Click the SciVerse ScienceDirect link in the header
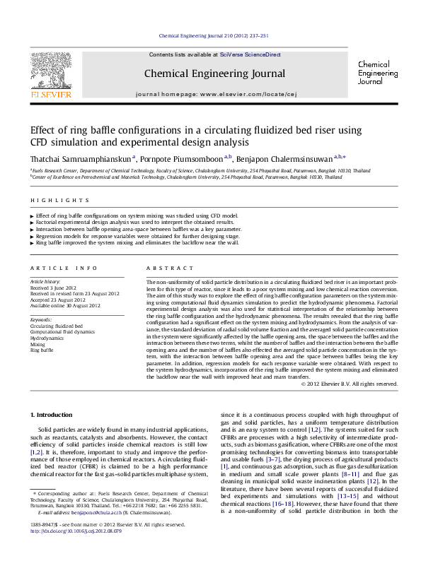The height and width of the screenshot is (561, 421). (250, 54)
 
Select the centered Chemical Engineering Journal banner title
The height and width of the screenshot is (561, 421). (214, 73)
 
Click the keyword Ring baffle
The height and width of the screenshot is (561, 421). (42, 350)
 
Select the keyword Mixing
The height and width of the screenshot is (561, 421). (37, 344)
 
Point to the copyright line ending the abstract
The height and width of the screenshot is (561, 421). (350, 384)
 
